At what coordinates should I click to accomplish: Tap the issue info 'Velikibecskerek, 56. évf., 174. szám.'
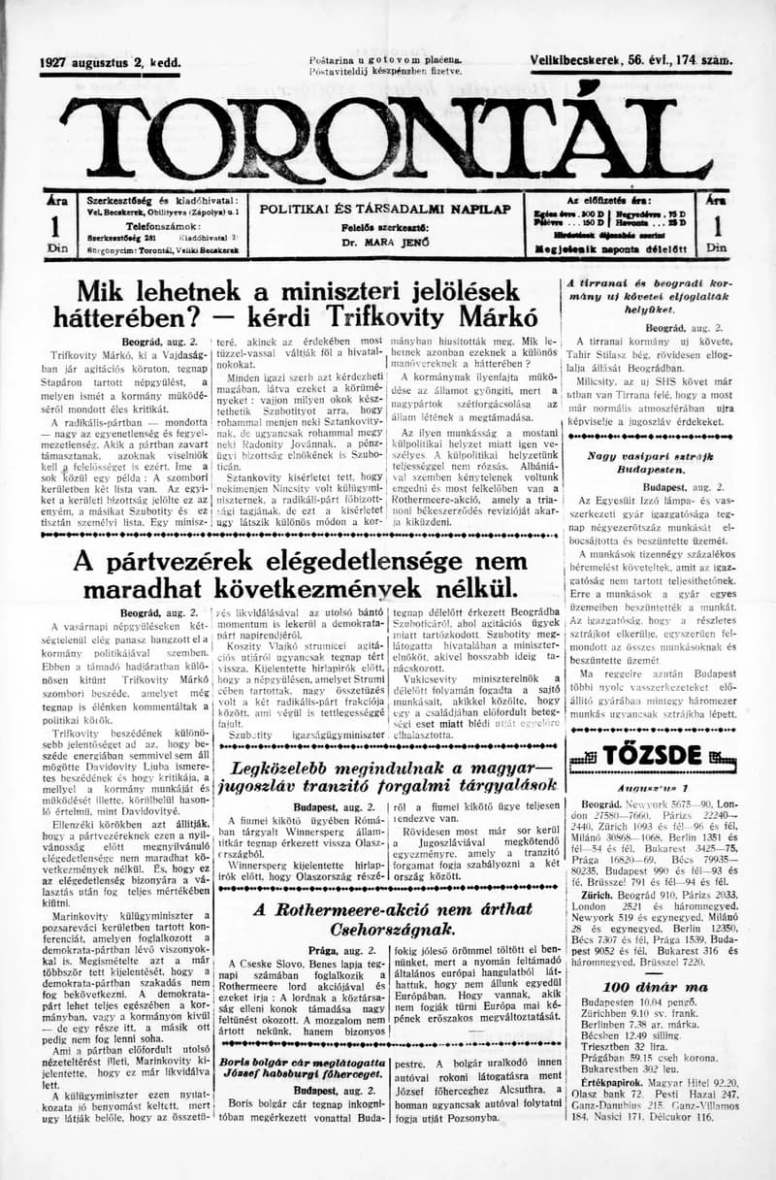click(631, 61)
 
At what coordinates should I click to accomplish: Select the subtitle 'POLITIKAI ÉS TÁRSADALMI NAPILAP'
click(385, 209)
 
